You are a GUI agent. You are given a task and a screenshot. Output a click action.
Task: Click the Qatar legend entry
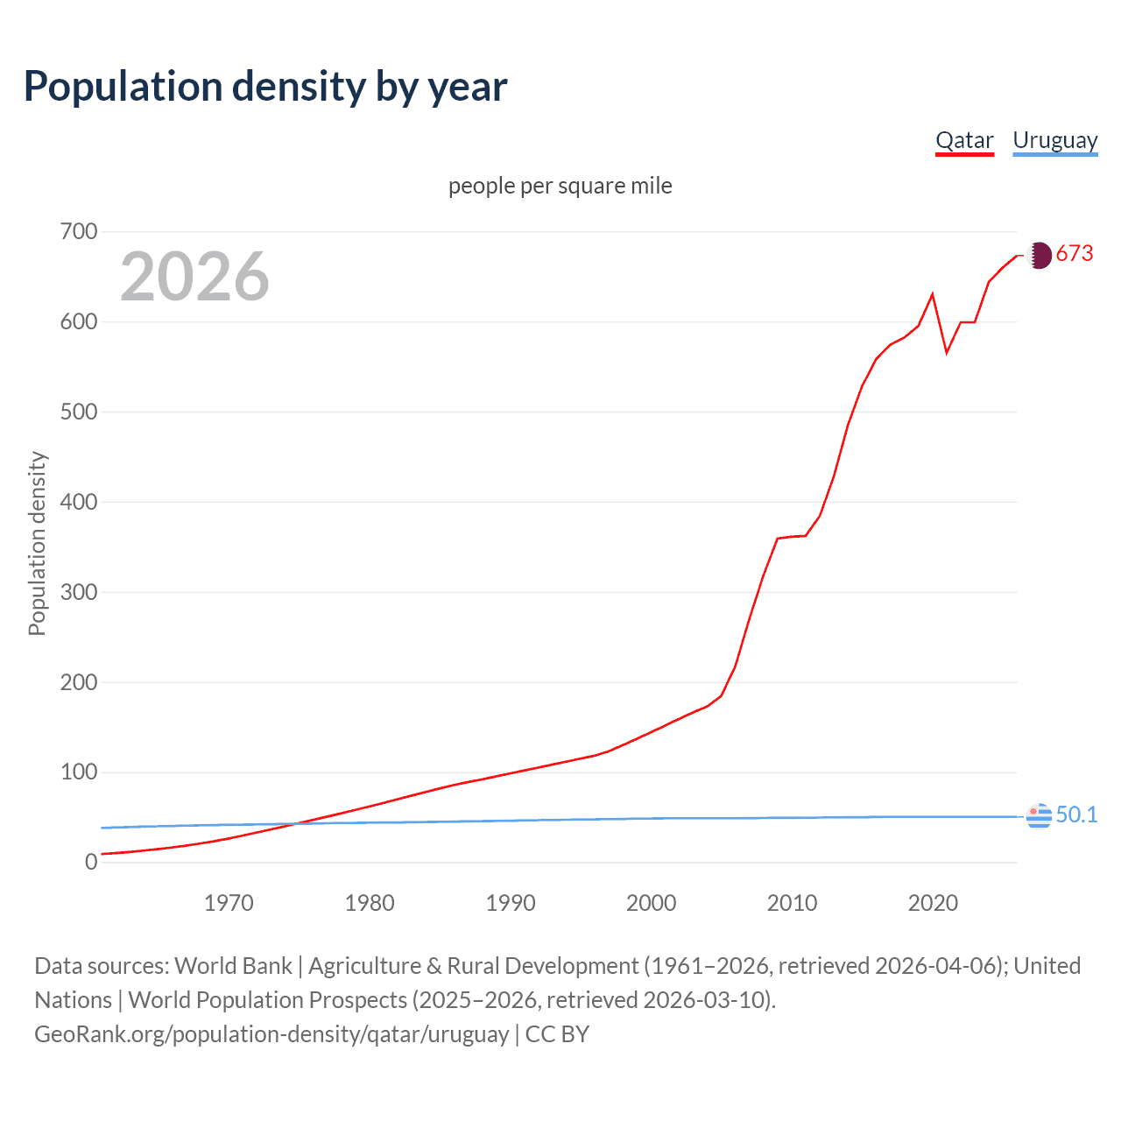[964, 140]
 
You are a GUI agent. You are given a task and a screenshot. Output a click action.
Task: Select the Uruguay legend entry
[1054, 140]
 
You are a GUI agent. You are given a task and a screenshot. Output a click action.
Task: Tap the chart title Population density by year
[265, 87]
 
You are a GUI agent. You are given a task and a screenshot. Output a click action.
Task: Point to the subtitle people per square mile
[560, 186]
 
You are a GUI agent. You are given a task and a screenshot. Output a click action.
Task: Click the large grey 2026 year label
[194, 277]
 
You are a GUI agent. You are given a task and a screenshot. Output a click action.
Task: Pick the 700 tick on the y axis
[79, 231]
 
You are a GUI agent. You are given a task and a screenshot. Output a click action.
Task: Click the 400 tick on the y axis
[79, 502]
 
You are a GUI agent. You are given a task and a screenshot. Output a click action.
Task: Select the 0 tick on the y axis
[91, 862]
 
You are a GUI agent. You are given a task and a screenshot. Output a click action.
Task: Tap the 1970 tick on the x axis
[229, 903]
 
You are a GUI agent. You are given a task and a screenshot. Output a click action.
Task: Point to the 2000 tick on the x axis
[651, 903]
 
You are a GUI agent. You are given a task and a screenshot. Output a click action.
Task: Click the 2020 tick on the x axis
[933, 903]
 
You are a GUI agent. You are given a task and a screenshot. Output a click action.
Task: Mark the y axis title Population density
[37, 543]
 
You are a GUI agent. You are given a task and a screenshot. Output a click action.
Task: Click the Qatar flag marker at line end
[1039, 255]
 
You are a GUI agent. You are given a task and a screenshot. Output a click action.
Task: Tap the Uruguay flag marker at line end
[1039, 815]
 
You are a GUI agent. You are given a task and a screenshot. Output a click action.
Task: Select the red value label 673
[1075, 254]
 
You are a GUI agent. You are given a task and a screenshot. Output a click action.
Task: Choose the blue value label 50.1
[1076, 814]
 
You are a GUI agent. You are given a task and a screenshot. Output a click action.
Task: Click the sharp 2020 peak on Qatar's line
[933, 294]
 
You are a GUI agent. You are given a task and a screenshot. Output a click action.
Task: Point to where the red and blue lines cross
[295, 823]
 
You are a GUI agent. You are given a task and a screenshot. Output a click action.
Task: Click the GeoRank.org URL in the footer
[271, 1034]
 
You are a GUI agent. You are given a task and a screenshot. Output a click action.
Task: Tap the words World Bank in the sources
[233, 966]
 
